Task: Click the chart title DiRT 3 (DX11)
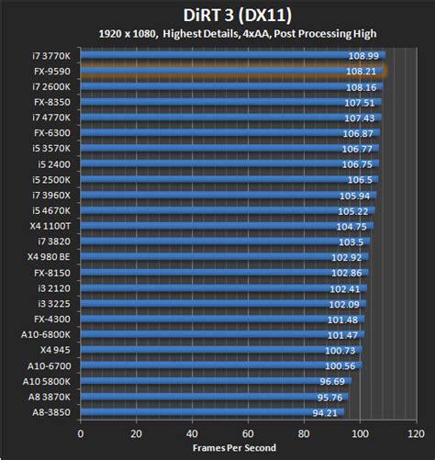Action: coord(217,14)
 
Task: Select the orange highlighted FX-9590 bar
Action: coord(229,70)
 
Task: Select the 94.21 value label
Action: coord(325,413)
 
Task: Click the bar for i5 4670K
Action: coord(220,210)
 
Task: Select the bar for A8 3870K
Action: coord(211,398)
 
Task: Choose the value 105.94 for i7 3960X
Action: coord(353,195)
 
